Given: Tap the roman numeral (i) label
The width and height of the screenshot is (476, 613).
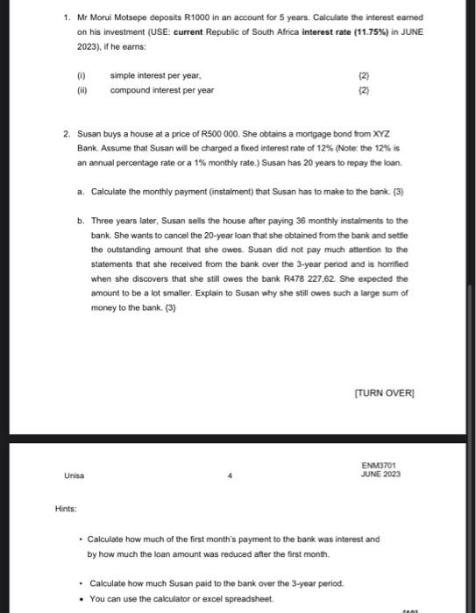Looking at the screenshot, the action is coord(82,76).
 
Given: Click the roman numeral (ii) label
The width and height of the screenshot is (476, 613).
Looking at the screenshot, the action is coord(82,89).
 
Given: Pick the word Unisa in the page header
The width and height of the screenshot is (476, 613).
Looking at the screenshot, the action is coord(75,476).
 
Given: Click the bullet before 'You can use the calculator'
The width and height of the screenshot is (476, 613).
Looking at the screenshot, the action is coord(81,599).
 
